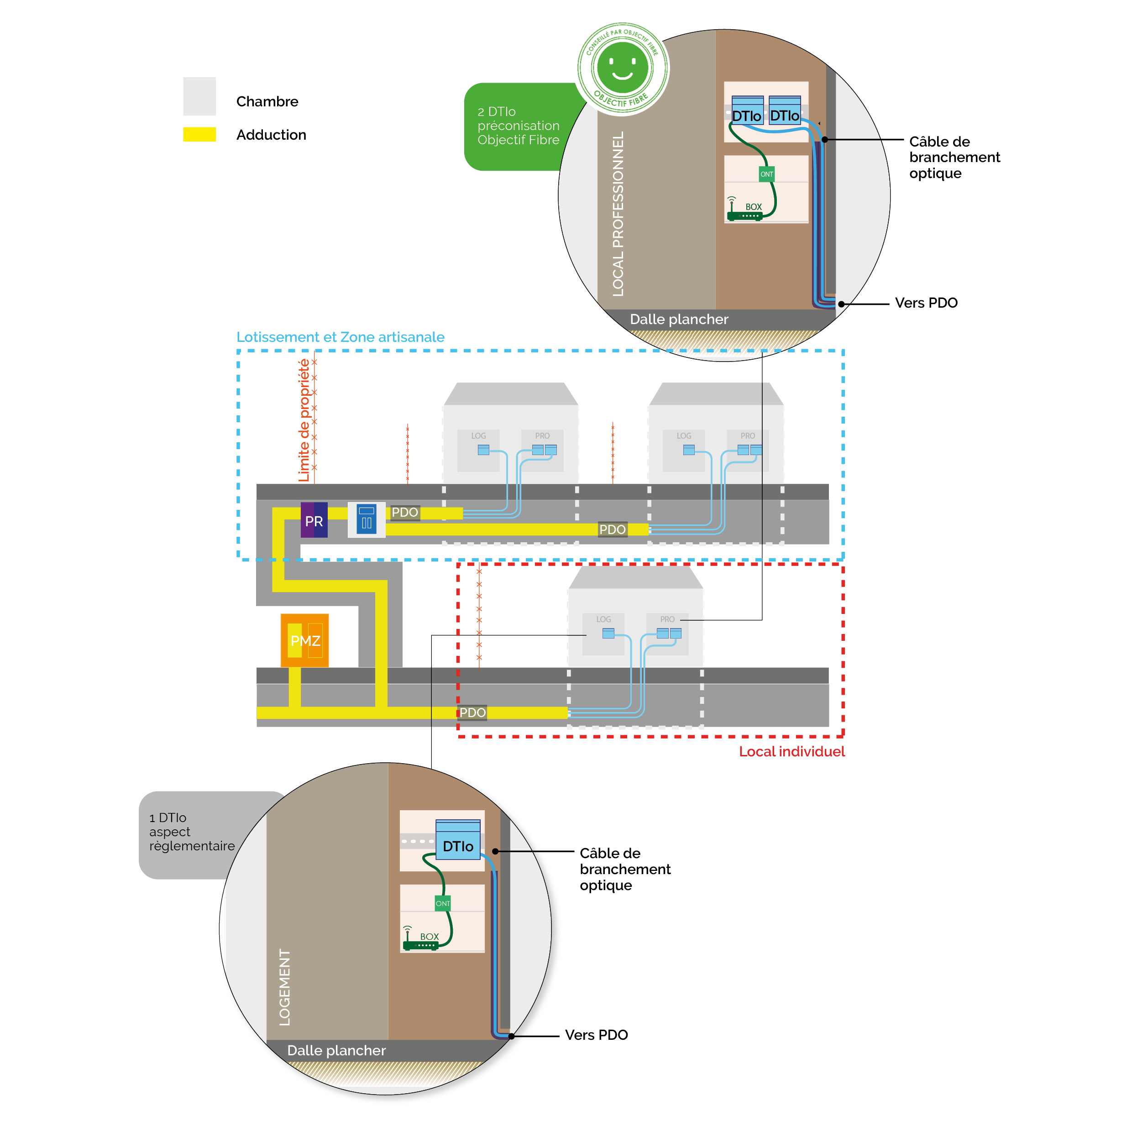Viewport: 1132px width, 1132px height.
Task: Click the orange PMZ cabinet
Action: click(x=304, y=640)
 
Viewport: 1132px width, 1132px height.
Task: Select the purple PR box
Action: click(x=314, y=520)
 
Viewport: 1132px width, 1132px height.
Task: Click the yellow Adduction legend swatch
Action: click(x=199, y=134)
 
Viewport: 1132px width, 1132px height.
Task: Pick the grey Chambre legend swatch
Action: click(x=199, y=96)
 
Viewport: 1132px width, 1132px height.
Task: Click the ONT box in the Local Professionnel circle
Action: click(x=766, y=174)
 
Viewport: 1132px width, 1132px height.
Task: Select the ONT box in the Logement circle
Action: click(x=442, y=903)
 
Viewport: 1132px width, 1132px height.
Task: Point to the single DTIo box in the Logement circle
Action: click(x=458, y=840)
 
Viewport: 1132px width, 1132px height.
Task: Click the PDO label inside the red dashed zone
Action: click(x=472, y=712)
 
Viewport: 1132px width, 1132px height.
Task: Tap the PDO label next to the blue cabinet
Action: click(x=404, y=512)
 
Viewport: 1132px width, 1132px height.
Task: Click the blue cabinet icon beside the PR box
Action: click(x=366, y=519)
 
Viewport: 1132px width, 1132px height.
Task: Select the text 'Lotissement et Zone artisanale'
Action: click(x=340, y=337)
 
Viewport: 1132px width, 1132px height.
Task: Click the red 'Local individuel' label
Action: click(x=791, y=751)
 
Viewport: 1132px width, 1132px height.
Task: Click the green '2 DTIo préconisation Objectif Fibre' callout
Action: click(x=518, y=126)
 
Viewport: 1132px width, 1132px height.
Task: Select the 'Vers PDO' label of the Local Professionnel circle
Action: click(x=926, y=303)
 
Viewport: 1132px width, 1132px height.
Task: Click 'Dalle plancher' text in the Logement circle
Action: click(x=336, y=1050)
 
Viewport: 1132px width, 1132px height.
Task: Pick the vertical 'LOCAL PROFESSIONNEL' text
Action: click(x=618, y=214)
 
